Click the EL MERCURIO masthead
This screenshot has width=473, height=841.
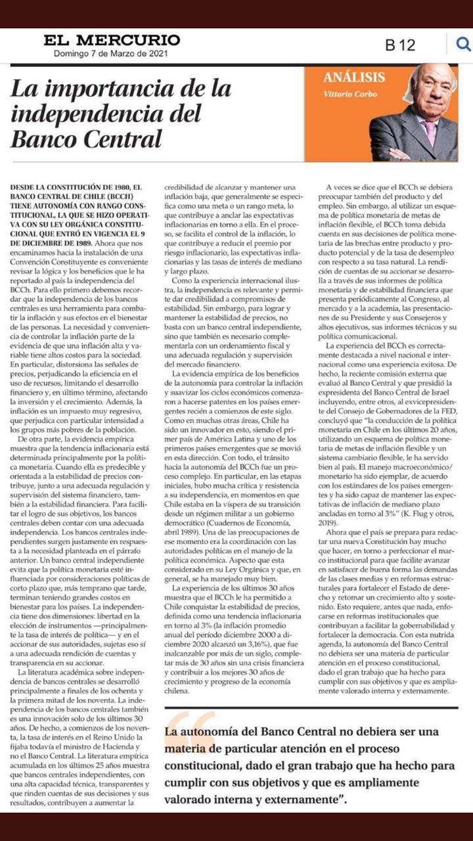(112, 40)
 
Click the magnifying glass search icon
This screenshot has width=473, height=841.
(463, 44)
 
